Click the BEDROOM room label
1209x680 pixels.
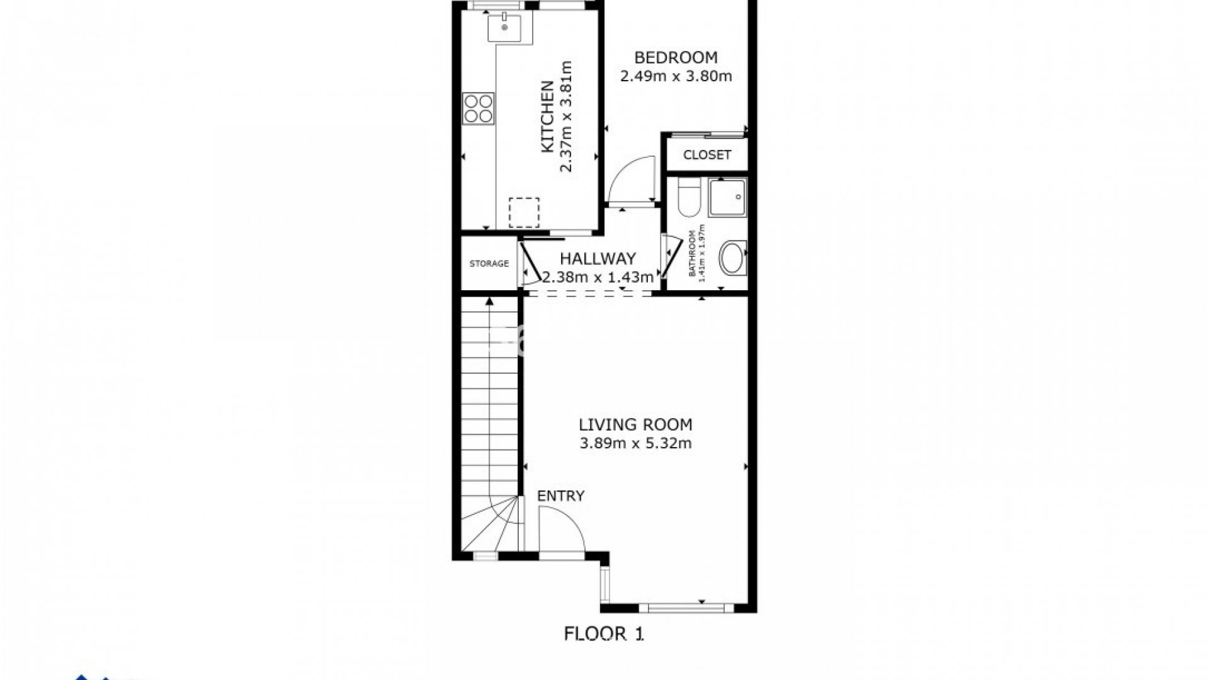point(676,57)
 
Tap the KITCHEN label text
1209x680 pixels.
point(547,116)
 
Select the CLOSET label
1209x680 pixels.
point(707,155)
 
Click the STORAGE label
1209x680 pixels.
point(489,264)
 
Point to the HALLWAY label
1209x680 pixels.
point(598,258)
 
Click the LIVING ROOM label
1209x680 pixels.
point(635,424)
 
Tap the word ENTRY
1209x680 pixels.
point(560,496)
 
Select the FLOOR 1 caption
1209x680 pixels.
point(604,633)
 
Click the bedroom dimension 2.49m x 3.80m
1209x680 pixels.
point(676,77)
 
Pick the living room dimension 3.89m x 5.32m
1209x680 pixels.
point(635,443)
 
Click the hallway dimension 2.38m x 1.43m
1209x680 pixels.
point(598,277)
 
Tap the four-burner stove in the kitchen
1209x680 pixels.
point(479,108)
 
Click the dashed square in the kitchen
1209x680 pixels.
point(525,212)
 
